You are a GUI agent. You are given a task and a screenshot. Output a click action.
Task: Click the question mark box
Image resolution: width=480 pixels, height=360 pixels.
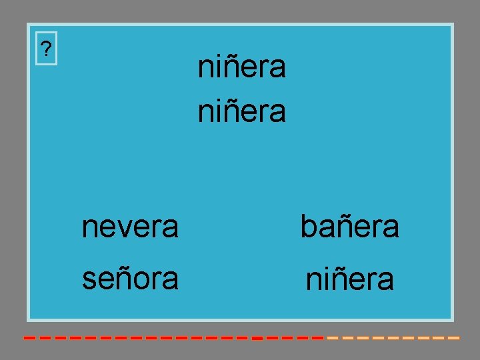pyautogui.click(x=46, y=49)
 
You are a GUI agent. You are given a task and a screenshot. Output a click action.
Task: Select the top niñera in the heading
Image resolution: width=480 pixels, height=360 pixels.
pyautogui.click(x=242, y=67)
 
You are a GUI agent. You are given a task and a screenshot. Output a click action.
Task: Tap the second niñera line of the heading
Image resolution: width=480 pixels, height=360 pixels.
pyautogui.click(x=242, y=111)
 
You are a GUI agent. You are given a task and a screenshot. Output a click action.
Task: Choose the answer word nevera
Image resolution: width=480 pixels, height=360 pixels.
pyautogui.click(x=130, y=227)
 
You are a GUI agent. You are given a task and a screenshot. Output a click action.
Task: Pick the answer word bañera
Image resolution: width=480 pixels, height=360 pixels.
pyautogui.click(x=350, y=227)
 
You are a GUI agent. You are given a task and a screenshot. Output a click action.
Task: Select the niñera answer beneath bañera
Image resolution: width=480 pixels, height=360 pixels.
pyautogui.click(x=350, y=280)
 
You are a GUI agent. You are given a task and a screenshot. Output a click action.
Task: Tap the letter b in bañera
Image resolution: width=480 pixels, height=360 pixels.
pyautogui.click(x=307, y=227)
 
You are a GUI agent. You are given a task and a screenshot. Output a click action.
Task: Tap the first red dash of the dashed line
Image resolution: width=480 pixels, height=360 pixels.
pyautogui.click(x=29, y=338)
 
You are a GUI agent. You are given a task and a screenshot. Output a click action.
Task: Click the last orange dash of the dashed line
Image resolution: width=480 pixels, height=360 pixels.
pyautogui.click(x=453, y=338)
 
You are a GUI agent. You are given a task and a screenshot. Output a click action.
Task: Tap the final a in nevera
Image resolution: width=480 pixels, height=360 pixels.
pyautogui.click(x=171, y=229)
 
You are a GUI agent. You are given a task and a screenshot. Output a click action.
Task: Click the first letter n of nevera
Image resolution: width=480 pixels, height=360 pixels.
pyautogui.click(x=89, y=229)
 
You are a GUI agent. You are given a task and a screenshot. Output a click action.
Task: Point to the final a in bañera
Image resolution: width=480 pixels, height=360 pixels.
pyautogui.click(x=391, y=229)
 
